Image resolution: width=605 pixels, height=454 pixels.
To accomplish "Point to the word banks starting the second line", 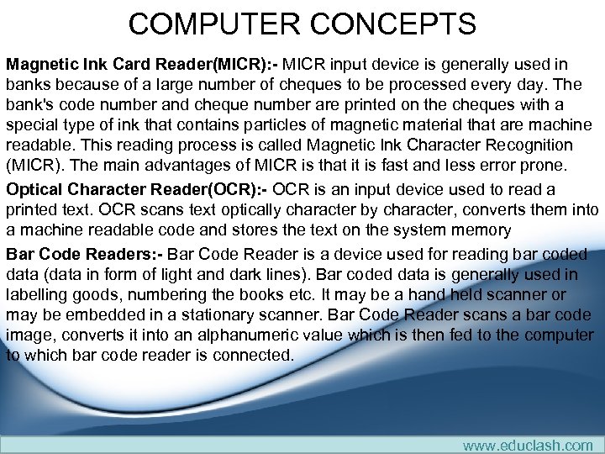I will click(x=28, y=84).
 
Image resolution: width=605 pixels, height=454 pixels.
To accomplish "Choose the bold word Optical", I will click(x=34, y=189).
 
